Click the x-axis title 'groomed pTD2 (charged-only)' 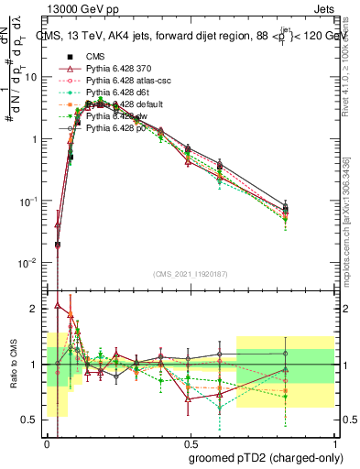(261, 456)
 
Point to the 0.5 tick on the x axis (191, 441)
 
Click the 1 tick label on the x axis (334, 441)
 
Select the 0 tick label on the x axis (47, 441)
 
